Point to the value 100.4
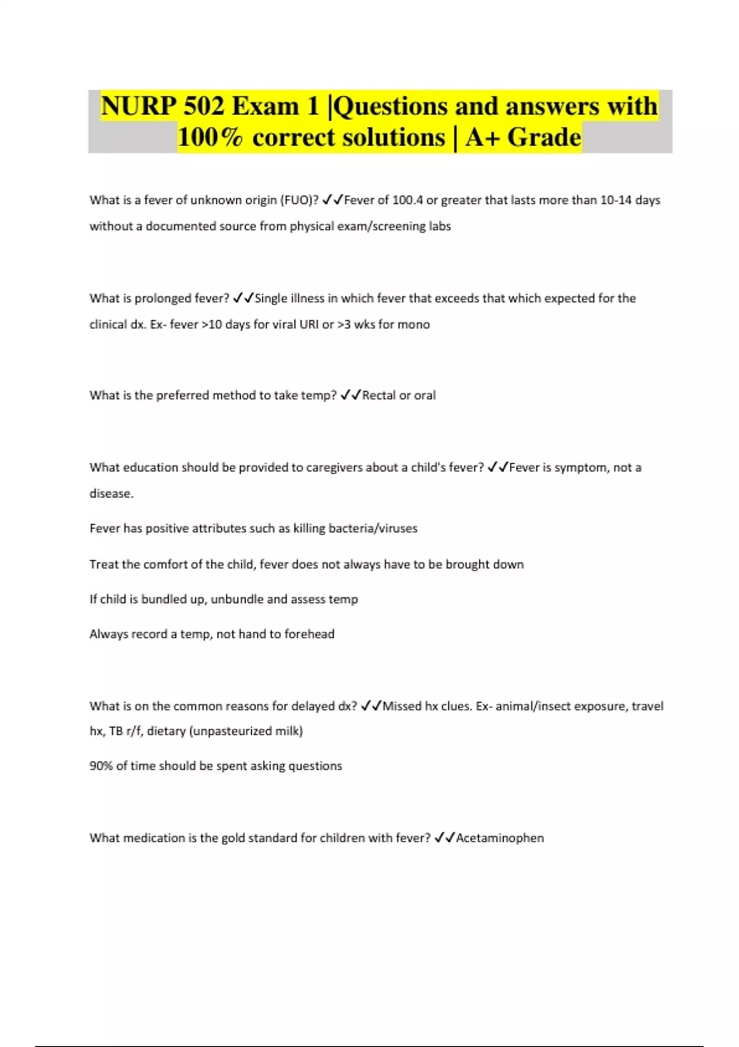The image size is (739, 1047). coord(408,200)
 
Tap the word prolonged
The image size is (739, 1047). coord(163,298)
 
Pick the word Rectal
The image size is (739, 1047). coord(379,395)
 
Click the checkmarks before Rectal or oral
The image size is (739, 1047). coord(350,395)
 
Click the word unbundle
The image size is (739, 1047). coord(236,599)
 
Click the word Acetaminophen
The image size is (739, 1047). coord(499,838)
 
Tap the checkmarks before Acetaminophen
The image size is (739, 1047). coord(445,838)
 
